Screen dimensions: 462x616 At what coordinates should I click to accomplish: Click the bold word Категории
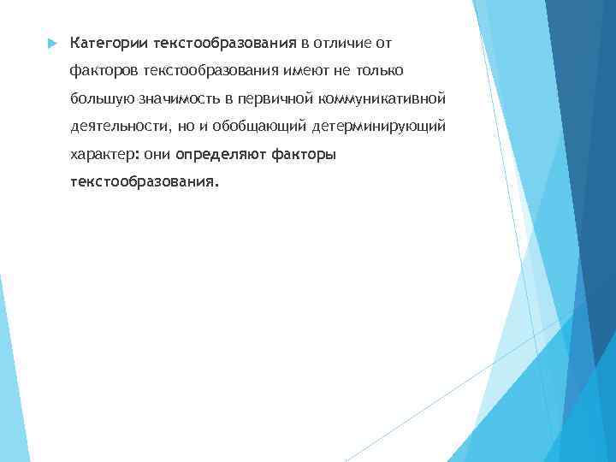(x=109, y=42)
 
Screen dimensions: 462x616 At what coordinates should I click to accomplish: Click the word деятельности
(x=121, y=127)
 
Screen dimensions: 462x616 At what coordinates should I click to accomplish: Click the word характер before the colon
(x=100, y=155)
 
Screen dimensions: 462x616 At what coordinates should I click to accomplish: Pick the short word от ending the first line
(x=382, y=42)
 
